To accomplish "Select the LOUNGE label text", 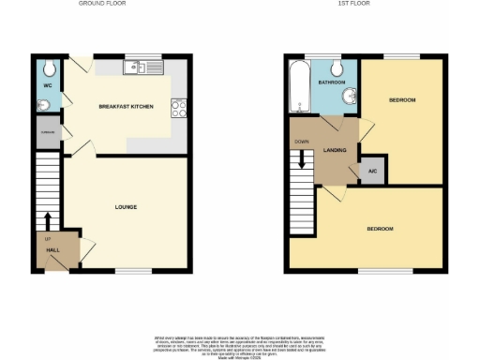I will (127, 206).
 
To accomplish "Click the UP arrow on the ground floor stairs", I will (47, 222).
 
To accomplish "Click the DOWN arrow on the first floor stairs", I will (301, 160).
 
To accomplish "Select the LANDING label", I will (335, 150).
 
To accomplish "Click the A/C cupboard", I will (372, 171).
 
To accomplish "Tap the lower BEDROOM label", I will (379, 229).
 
